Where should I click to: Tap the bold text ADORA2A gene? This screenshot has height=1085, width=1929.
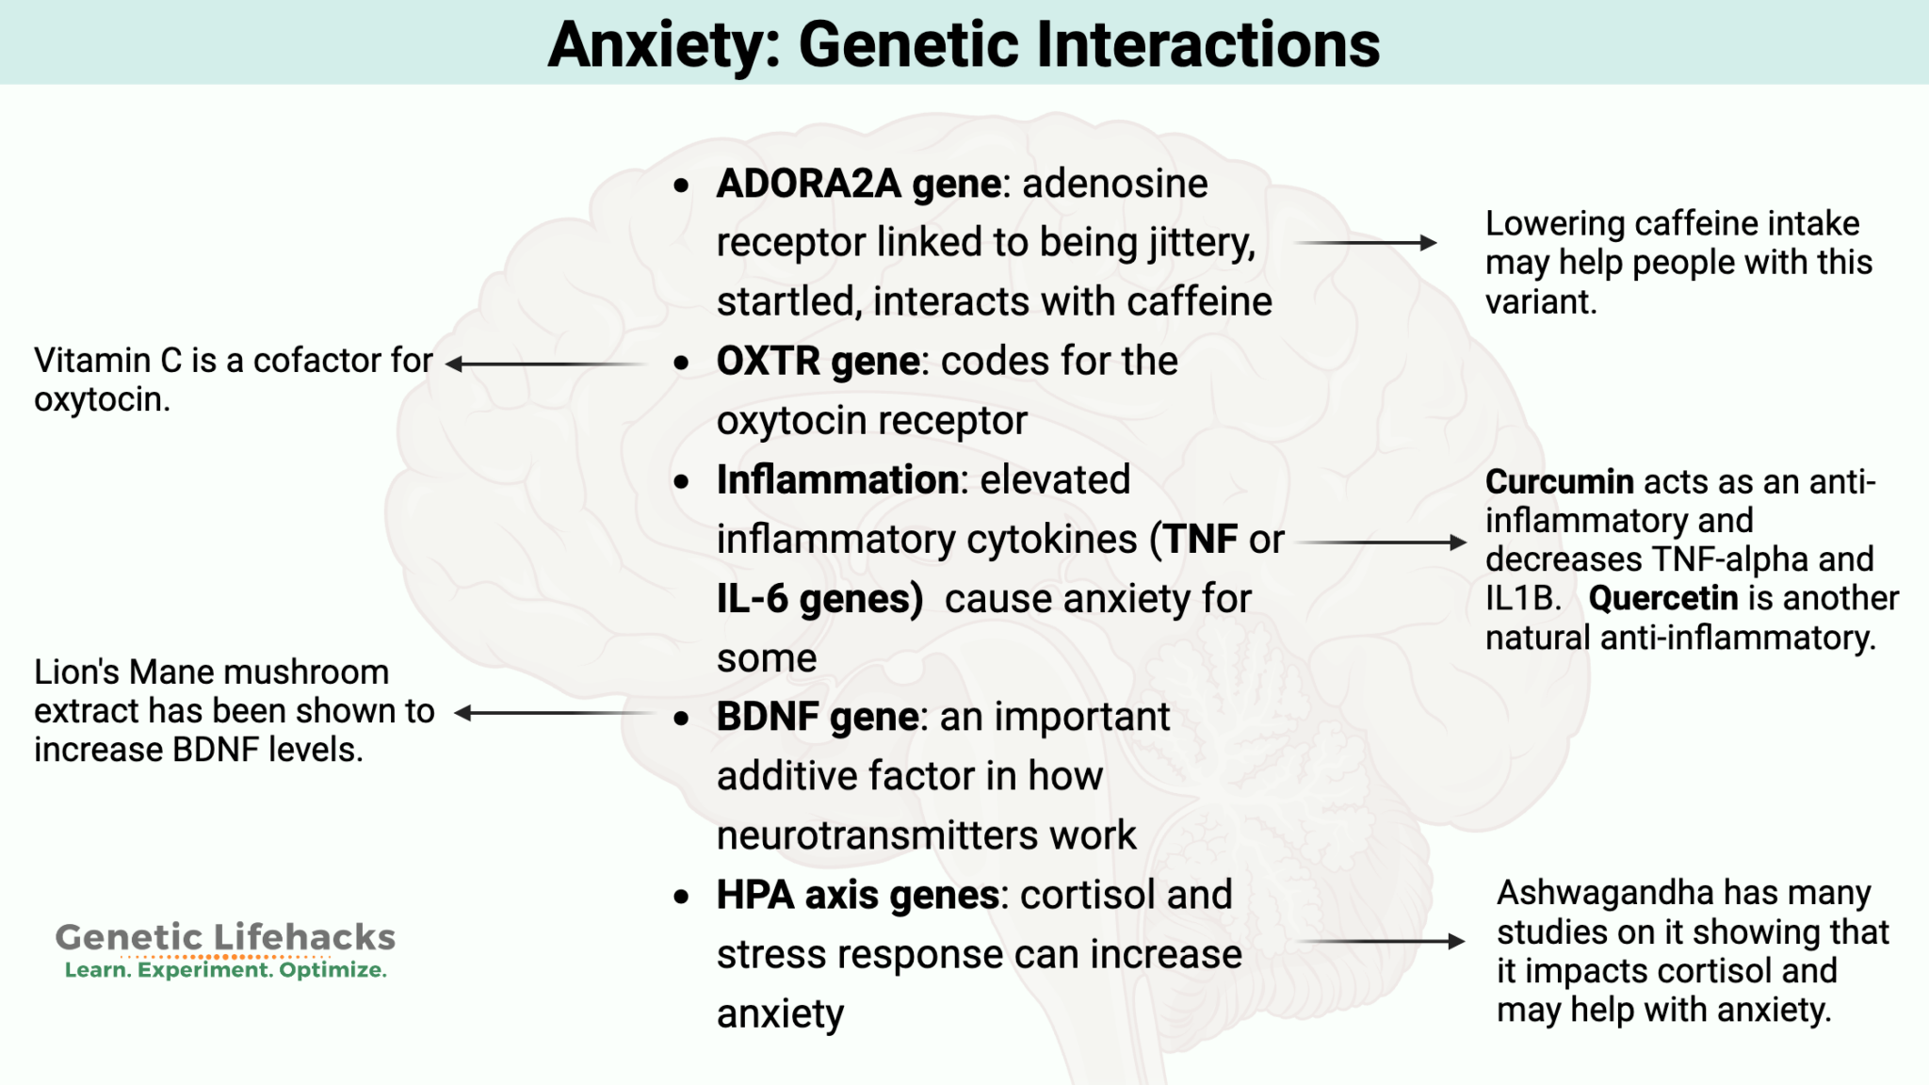pyautogui.click(x=858, y=184)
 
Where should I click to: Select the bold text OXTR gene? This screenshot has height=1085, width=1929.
pyautogui.click(x=818, y=362)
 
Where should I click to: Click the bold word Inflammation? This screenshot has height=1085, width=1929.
pyautogui.click(x=837, y=480)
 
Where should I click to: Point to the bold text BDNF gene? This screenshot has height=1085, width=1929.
pyautogui.click(x=817, y=718)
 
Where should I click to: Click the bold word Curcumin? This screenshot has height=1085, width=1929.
pyautogui.click(x=1559, y=482)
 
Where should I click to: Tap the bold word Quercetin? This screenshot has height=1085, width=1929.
pyautogui.click(x=1662, y=599)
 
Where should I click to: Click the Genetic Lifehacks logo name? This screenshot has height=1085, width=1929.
pyautogui.click(x=225, y=937)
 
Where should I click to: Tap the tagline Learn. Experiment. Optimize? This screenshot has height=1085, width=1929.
pyautogui.click(x=225, y=971)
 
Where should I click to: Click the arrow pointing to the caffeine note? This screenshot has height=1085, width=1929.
pyautogui.click(x=1366, y=243)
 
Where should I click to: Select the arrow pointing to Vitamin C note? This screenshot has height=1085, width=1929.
pyautogui.click(x=546, y=364)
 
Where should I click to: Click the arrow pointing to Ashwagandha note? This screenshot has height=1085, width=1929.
pyautogui.click(x=1381, y=941)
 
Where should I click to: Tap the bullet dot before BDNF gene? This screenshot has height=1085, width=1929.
pyautogui.click(x=682, y=720)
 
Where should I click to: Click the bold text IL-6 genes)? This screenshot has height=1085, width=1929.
pyautogui.click(x=819, y=600)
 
